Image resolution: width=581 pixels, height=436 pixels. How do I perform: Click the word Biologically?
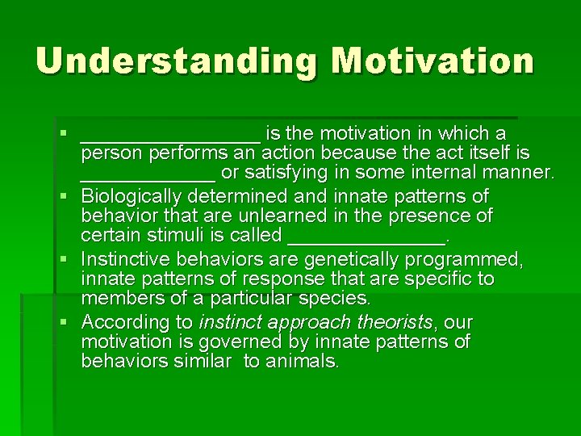pos(132,196)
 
